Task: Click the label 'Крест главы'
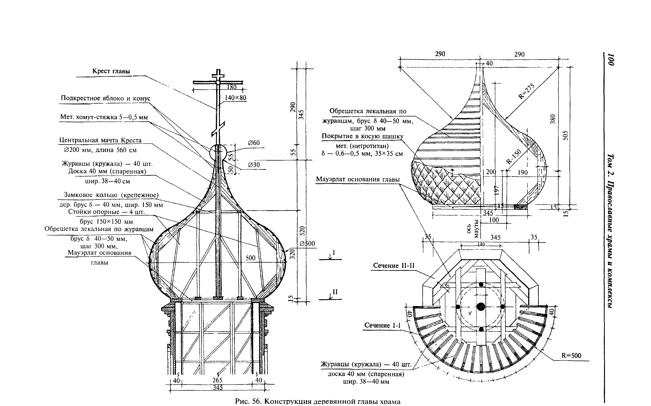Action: (x=111, y=71)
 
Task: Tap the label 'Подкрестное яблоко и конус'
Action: (x=106, y=98)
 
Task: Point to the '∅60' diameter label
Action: (x=254, y=143)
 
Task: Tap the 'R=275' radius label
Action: (x=526, y=91)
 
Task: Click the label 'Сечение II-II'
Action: (x=394, y=265)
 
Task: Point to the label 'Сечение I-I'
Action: (x=382, y=325)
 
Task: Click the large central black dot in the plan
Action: (x=481, y=306)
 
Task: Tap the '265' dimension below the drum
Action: (x=217, y=380)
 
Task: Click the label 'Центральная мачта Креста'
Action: (x=100, y=140)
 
